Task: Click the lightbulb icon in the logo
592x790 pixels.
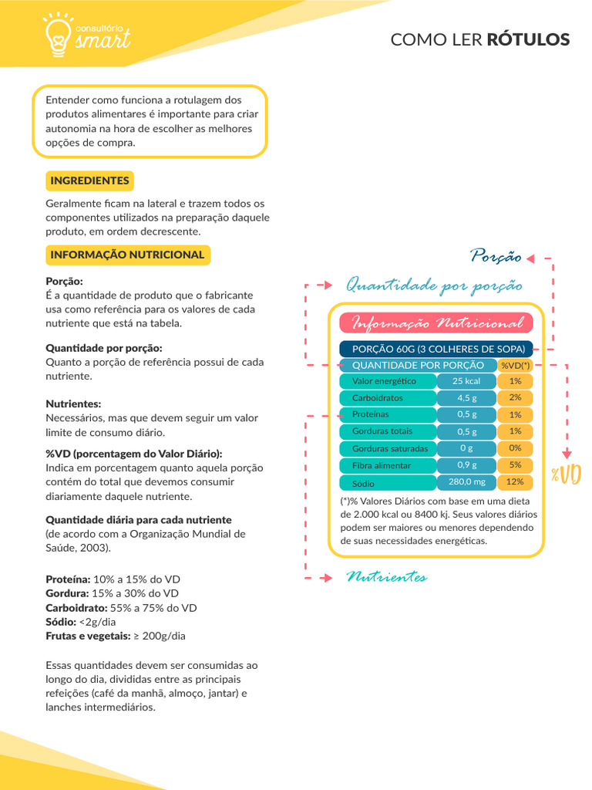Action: click(x=59, y=35)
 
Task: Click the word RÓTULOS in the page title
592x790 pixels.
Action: click(x=528, y=39)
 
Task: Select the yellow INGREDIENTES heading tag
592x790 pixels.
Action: click(x=89, y=181)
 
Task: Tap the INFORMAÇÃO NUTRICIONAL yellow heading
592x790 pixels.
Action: click(x=127, y=255)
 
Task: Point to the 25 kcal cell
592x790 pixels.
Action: click(x=466, y=381)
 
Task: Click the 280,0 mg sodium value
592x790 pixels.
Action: click(x=466, y=482)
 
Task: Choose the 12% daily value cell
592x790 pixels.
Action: click(x=515, y=482)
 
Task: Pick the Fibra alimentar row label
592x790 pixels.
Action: click(x=382, y=465)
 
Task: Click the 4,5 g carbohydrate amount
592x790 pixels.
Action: click(x=466, y=398)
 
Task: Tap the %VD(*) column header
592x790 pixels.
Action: click(x=515, y=365)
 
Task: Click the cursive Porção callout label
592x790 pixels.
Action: click(x=496, y=256)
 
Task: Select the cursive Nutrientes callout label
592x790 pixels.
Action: click(x=386, y=577)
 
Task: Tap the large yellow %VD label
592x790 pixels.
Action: click(x=565, y=474)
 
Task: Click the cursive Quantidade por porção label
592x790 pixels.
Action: click(x=434, y=285)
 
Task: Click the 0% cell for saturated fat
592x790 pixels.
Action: click(x=515, y=448)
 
